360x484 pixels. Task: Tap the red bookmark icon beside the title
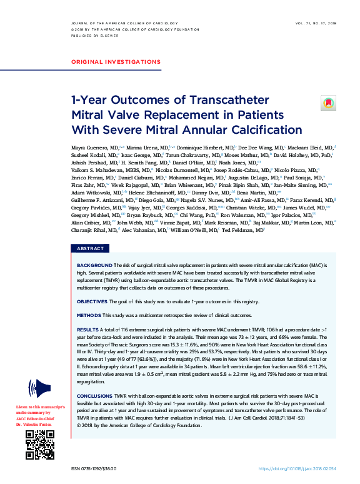click(328, 103)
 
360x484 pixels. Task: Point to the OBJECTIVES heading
click(92, 301)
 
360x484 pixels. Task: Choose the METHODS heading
click(89, 315)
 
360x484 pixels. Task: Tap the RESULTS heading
click(87, 328)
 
